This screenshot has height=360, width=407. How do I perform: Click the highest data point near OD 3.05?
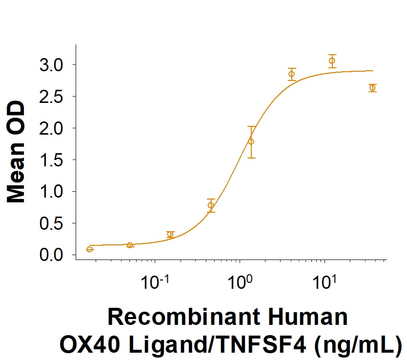332,61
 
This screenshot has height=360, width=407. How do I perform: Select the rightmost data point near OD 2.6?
372,88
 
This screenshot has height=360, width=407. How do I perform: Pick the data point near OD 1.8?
251,141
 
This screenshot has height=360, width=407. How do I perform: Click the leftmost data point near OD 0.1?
90,249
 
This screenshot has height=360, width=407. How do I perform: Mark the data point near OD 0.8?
211,205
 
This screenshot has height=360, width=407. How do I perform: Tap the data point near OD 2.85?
292,74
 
